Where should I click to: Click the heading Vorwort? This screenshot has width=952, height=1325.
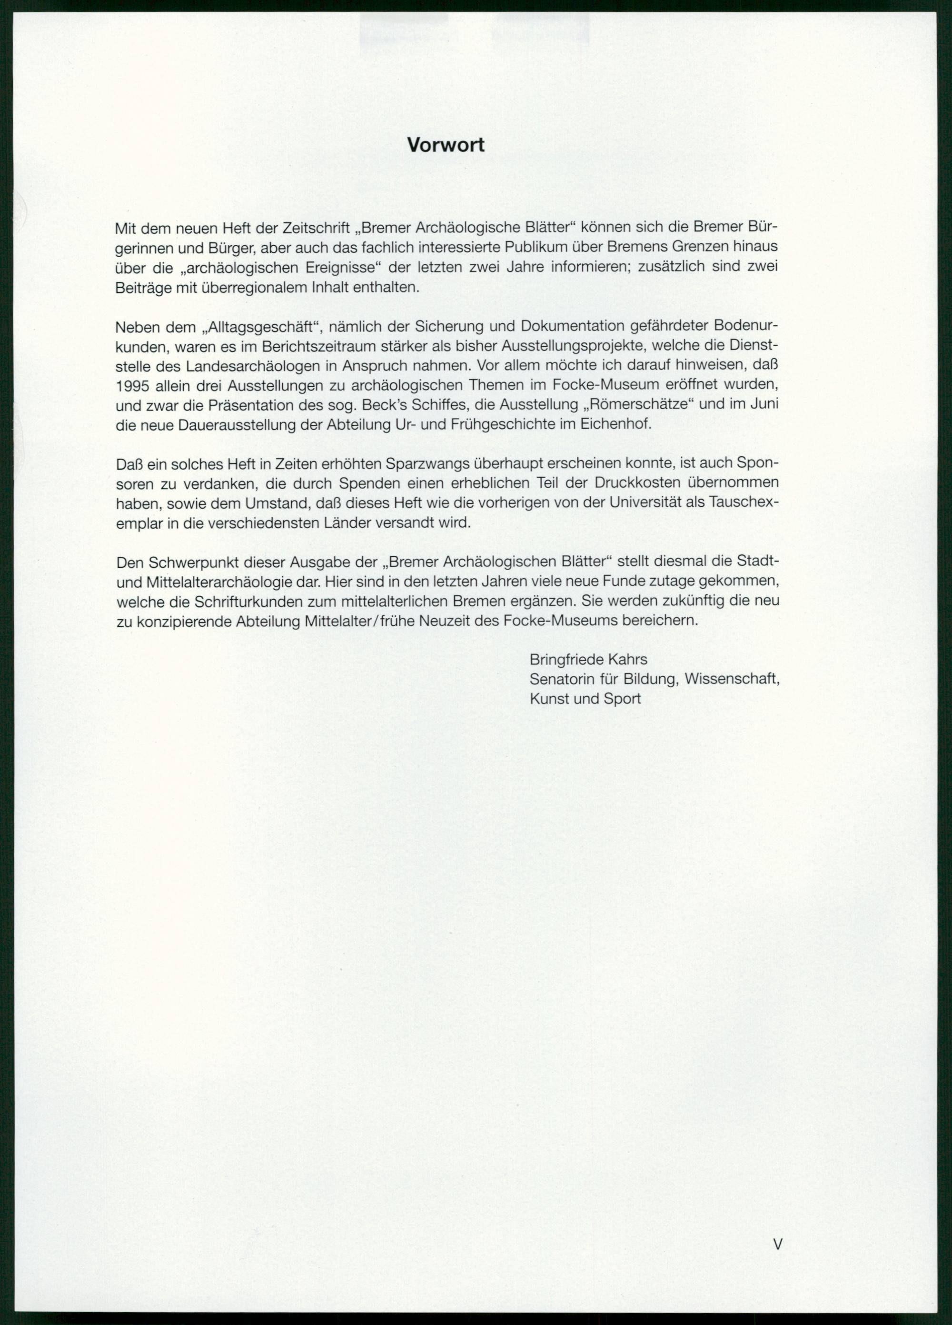click(446, 145)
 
